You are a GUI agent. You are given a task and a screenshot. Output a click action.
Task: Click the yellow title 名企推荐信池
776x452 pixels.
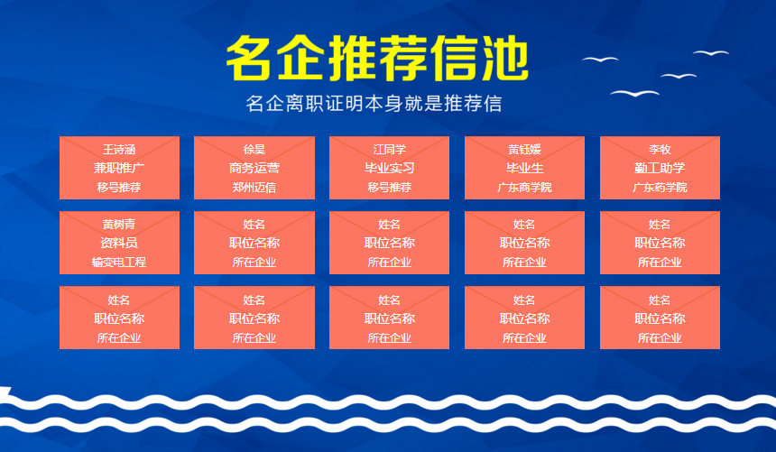[x=377, y=59]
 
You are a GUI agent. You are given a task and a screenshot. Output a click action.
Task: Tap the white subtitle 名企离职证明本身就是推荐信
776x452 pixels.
[x=374, y=104]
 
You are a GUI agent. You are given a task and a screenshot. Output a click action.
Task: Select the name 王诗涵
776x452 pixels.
[x=119, y=149]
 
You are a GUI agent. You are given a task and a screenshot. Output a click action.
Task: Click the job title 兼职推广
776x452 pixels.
[x=119, y=168]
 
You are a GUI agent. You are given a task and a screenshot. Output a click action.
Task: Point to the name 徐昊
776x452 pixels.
[x=254, y=149]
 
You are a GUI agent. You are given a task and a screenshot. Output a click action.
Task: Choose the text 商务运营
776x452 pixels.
[x=254, y=168]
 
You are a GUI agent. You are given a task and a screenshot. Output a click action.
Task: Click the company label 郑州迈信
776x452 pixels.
[x=254, y=187]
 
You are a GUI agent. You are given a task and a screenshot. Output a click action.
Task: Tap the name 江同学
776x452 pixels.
[x=390, y=149]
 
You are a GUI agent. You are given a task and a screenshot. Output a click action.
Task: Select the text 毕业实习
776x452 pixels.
[x=390, y=168]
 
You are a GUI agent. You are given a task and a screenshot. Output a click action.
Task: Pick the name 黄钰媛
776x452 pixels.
[x=524, y=149]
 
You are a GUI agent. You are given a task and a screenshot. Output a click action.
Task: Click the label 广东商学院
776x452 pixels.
[x=524, y=187]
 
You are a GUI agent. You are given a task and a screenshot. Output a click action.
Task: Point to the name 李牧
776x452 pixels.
[x=660, y=149]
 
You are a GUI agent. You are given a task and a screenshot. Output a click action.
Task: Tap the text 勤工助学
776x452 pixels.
[x=660, y=168]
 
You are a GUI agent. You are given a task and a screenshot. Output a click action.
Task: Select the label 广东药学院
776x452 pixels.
[x=660, y=187]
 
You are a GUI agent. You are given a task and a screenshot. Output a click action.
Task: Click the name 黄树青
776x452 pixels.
[x=119, y=225]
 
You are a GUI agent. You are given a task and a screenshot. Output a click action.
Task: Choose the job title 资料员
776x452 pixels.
[x=119, y=243]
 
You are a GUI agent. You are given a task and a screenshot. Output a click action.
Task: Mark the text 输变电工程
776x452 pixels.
[x=119, y=262]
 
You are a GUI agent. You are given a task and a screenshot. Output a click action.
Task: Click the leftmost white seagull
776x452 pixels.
[x=600, y=60]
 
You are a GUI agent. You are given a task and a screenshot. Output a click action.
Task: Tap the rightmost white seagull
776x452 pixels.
[x=711, y=52]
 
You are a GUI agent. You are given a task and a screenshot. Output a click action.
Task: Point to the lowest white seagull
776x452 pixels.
[x=635, y=93]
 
